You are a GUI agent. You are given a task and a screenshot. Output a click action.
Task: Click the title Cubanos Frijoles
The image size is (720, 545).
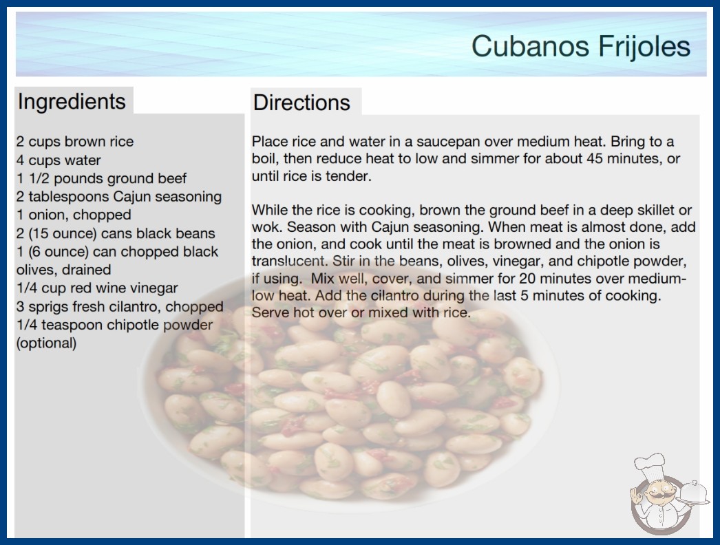tap(581, 47)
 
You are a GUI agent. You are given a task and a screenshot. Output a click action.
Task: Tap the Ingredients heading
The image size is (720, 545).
tap(72, 102)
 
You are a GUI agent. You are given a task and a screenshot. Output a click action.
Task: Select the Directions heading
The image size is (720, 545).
tap(301, 103)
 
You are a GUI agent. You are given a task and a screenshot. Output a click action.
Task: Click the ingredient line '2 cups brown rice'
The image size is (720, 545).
tap(75, 142)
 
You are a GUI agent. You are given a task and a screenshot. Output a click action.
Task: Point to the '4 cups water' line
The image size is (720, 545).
tap(59, 160)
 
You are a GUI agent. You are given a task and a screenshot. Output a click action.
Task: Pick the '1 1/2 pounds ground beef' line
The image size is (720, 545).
tap(101, 178)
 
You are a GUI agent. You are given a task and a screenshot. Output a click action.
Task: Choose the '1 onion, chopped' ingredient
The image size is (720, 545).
tap(74, 215)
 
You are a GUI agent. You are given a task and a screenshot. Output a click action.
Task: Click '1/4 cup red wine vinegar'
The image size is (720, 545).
tap(97, 288)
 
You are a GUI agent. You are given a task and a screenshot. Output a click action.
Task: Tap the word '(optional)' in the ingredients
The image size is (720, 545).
tap(46, 343)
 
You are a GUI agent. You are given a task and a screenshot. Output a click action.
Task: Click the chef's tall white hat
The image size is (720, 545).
tap(650, 466)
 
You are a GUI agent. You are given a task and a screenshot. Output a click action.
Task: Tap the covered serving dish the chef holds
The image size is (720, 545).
tap(694, 493)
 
